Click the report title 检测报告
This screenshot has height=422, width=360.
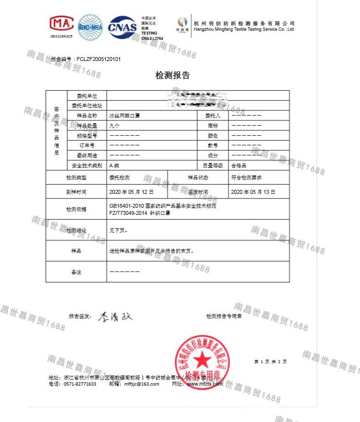click(x=173, y=75)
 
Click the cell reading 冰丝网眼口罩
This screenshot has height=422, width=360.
click(x=124, y=116)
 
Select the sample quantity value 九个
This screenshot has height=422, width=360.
click(x=115, y=126)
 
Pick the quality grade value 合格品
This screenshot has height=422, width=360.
click(x=239, y=165)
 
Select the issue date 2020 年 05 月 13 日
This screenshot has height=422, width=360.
click(x=253, y=192)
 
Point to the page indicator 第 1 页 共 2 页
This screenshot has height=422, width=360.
click(x=270, y=362)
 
